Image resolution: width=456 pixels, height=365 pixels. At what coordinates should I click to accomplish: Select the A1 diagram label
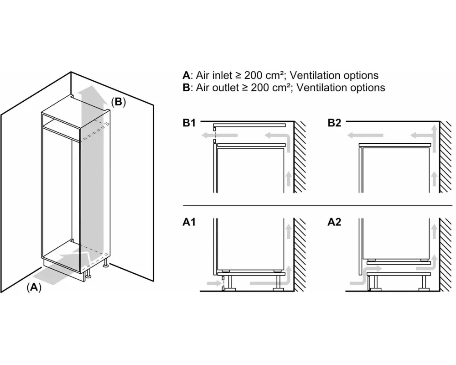189,223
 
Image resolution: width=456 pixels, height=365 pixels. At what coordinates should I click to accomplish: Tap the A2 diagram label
335,223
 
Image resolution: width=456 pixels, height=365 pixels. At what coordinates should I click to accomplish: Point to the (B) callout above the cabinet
118,102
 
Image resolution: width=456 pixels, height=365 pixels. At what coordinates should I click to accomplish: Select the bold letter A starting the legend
186,75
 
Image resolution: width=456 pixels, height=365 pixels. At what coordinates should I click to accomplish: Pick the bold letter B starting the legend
186,87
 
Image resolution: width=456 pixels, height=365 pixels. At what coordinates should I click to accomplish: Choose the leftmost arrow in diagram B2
363,135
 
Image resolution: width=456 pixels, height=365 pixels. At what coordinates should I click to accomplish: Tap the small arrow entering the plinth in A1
212,283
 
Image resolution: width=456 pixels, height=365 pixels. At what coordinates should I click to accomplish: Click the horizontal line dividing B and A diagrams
315,205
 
